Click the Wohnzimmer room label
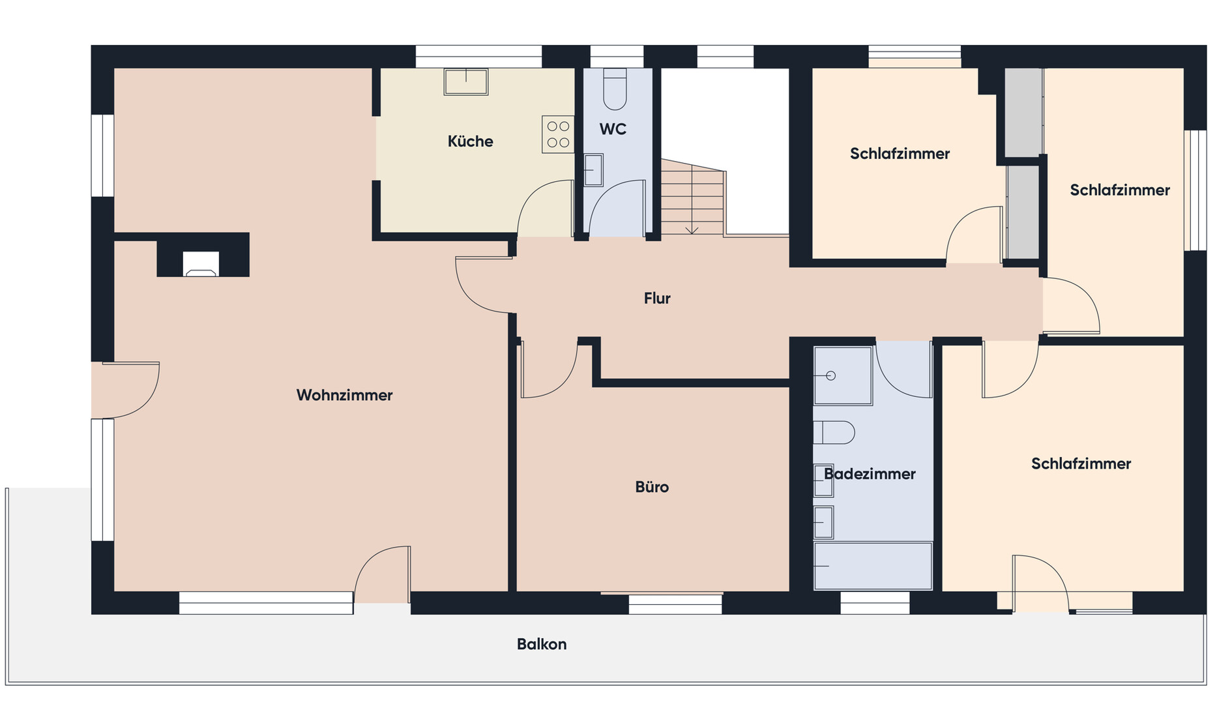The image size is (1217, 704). (344, 395)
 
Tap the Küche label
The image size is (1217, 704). (470, 141)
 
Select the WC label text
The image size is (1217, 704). (613, 129)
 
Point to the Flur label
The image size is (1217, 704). (657, 298)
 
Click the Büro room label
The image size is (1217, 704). (652, 487)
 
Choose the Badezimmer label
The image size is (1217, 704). (870, 474)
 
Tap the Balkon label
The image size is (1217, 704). (542, 644)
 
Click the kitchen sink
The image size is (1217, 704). (466, 81)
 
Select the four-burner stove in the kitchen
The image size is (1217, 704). (558, 134)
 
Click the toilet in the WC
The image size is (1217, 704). (615, 89)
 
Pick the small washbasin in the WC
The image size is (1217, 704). (593, 169)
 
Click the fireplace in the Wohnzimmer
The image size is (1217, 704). (201, 264)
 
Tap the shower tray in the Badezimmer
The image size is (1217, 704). (843, 375)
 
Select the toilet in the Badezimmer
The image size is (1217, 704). (834, 432)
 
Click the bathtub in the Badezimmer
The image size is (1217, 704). (873, 565)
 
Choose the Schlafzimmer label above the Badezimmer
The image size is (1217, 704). (900, 154)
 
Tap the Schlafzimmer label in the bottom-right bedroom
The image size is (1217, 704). (1081, 463)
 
